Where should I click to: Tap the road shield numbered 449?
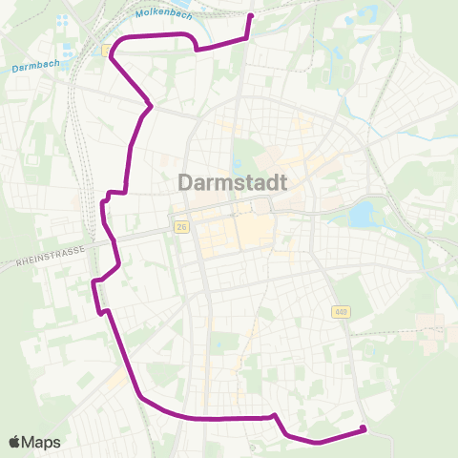point(341,312)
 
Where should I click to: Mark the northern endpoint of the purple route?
point(251,15)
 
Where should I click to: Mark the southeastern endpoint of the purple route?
point(365,429)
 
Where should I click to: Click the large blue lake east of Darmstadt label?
point(364,215)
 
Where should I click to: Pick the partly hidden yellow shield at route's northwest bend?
point(106,51)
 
